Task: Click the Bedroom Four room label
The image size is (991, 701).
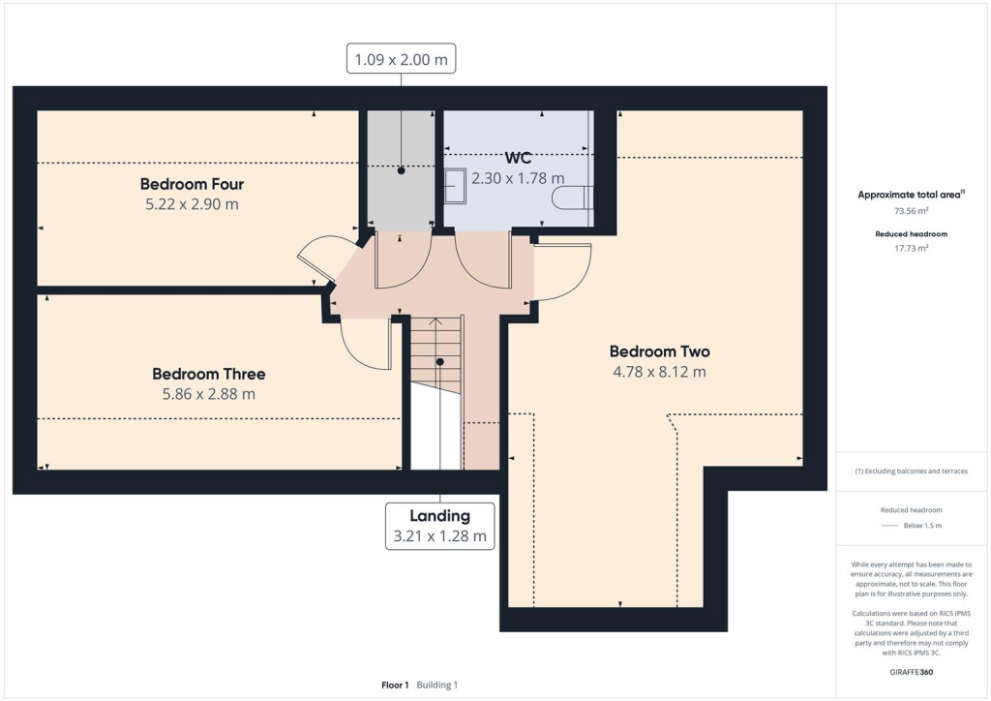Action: [x=192, y=184]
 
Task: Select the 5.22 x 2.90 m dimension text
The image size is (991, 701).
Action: [x=192, y=204]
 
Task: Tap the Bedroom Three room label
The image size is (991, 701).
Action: [x=208, y=374]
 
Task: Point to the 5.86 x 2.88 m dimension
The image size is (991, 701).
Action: [x=208, y=394]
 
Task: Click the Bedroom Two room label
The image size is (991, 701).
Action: [x=652, y=351]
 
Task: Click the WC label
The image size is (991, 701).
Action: [x=518, y=158]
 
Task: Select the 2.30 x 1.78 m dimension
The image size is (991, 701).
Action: [x=518, y=178]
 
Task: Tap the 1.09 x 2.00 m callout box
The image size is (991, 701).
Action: [x=402, y=59]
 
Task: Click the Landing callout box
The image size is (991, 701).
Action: [x=439, y=526]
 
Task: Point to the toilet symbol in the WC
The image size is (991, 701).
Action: [x=574, y=198]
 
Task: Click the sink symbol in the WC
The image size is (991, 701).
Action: [x=455, y=188]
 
